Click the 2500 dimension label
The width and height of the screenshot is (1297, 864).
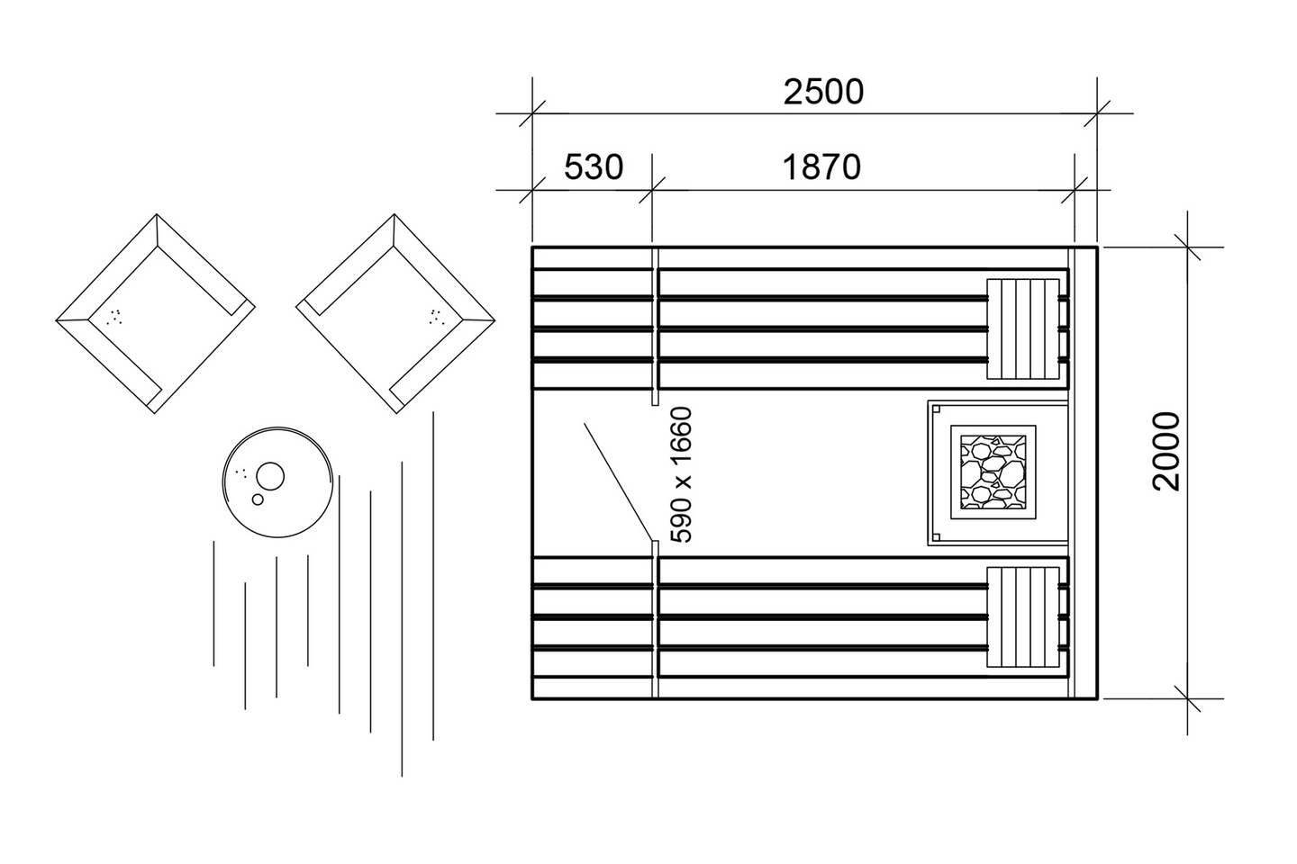[x=822, y=92]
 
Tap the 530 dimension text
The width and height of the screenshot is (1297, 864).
[x=594, y=167]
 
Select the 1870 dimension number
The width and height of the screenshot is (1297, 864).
[x=821, y=167]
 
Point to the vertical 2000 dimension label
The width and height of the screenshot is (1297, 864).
[x=1166, y=451]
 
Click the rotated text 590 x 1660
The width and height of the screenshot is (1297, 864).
[x=683, y=474]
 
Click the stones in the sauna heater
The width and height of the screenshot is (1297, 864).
[x=993, y=472]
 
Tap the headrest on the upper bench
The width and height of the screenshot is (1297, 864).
[x=1023, y=329]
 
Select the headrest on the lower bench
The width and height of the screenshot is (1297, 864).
[x=1023, y=617]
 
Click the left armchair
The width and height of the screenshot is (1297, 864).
[x=155, y=313]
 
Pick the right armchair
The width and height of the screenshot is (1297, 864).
[x=395, y=313]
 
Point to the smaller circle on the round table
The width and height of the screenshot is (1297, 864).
[x=258, y=499]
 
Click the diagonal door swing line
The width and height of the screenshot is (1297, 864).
[x=617, y=481]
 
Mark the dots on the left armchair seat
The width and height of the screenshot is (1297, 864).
[x=114, y=316]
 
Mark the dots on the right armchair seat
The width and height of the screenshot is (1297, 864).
[x=435, y=316]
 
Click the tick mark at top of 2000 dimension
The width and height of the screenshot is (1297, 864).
[x=1187, y=247]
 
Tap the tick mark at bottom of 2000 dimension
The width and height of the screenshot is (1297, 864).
[x=1187, y=698]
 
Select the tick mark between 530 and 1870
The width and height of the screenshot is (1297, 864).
[x=652, y=190]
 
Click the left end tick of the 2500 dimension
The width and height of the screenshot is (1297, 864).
[x=532, y=114]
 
